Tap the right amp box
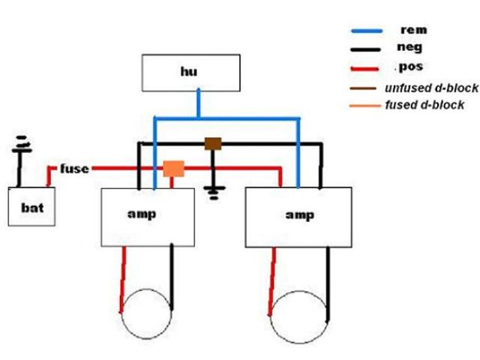coord(298,217)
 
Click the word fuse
coord(74,169)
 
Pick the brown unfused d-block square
coord(214,143)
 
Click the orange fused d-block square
coord(174,168)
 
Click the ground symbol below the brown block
coord(214,191)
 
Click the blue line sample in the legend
coord(369,31)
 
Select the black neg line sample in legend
coord(369,49)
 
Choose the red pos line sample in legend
coord(369,68)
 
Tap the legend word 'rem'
coord(414,30)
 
